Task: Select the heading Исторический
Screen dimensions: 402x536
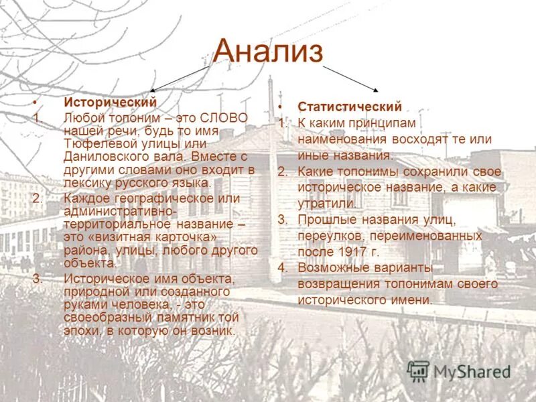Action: pyautogui.click(x=110, y=103)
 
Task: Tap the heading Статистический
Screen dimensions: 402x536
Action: pyautogui.click(x=349, y=107)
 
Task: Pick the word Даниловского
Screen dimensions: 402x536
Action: pyautogui.click(x=101, y=156)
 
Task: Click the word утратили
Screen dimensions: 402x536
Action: pyautogui.click(x=327, y=203)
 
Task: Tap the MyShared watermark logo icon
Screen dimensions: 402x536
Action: pyautogui.click(x=418, y=371)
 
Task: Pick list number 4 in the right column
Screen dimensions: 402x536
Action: pyautogui.click(x=283, y=268)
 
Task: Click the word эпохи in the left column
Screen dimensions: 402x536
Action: pyautogui.click(x=80, y=330)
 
